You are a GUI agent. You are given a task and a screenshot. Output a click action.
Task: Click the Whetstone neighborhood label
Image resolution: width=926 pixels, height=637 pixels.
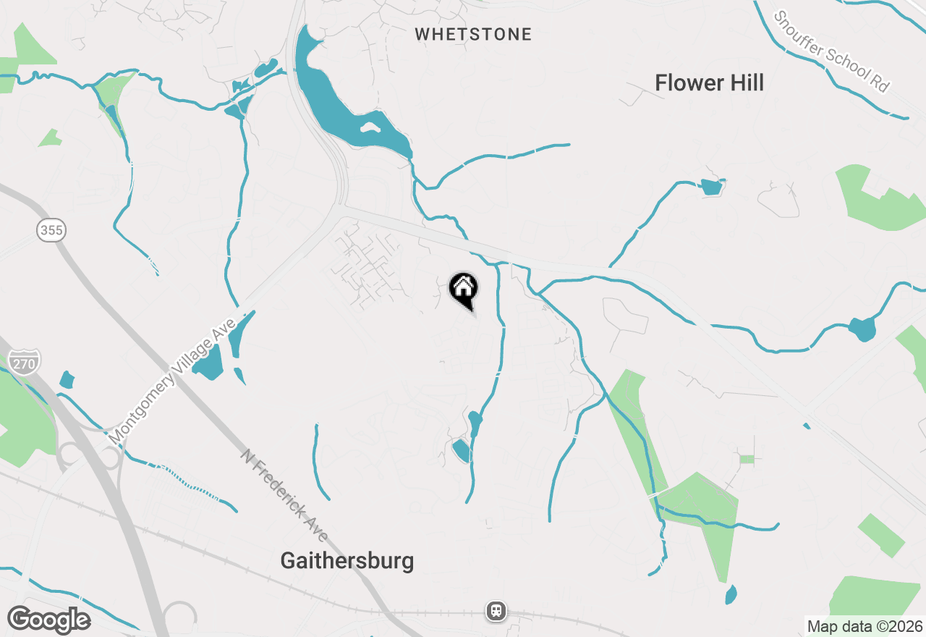click(473, 34)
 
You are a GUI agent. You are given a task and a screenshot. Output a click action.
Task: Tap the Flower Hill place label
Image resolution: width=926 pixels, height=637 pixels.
click(709, 83)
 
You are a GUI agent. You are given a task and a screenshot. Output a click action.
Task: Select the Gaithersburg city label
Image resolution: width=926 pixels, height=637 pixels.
click(347, 561)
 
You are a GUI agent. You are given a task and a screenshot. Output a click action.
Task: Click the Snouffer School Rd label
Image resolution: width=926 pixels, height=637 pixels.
click(831, 51)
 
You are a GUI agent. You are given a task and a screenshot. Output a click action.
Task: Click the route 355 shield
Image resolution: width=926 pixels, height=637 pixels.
click(51, 231)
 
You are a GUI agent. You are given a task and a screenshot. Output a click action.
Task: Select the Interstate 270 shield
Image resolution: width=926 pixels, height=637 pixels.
click(24, 362)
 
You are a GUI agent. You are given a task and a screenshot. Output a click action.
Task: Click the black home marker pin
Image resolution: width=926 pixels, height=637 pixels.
click(463, 290)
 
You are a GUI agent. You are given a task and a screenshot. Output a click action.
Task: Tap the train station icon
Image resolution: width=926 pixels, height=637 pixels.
click(496, 610)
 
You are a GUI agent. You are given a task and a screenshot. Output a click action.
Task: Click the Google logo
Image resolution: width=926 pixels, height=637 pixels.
click(48, 620)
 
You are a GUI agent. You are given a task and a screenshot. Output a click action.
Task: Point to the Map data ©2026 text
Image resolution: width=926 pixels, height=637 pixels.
click(865, 626)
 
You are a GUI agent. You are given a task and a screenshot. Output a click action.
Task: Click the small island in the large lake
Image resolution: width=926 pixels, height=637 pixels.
click(370, 128)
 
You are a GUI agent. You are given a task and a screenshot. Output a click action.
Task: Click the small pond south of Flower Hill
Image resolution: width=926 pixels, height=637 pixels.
click(711, 187)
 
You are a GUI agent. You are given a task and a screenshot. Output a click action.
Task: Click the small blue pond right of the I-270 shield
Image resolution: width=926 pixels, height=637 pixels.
click(67, 379)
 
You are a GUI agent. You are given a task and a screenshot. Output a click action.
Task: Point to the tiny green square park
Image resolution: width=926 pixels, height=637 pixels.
click(747, 459)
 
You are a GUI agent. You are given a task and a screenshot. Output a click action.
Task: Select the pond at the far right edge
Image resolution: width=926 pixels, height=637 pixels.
click(862, 329)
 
